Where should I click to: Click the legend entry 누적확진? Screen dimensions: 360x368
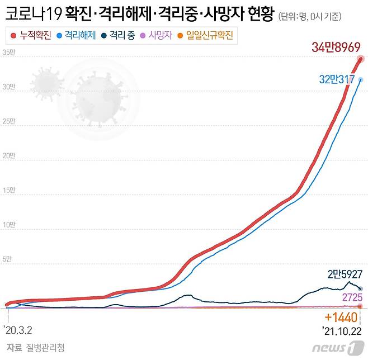pos(30,37)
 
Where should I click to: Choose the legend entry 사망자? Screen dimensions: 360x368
pos(159,37)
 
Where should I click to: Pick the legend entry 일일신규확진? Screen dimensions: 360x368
pos(207,37)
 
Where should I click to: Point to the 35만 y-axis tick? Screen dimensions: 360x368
pos(8,53)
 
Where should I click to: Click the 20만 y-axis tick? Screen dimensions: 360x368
pos(8,156)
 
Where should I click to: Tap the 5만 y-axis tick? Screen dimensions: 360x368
pos(8,259)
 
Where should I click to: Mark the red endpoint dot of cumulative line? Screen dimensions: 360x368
pos(361,59)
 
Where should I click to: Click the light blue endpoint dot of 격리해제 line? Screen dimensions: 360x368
pos(361,79)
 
